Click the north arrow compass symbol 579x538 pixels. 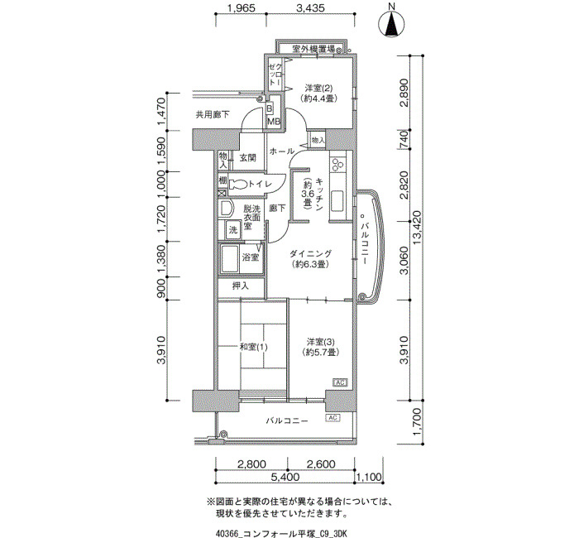(x=392, y=23)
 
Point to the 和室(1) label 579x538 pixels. (x=253, y=347)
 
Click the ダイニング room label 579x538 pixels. (x=310, y=254)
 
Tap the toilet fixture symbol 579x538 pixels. (x=238, y=185)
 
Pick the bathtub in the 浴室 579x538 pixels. (x=229, y=258)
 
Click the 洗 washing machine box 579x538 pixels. (x=233, y=230)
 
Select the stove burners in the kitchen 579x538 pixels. (x=337, y=165)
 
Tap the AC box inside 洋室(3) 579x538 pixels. (x=340, y=382)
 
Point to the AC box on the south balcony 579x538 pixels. (x=333, y=417)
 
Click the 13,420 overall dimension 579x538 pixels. (x=418, y=228)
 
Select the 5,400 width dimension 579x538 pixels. (x=285, y=477)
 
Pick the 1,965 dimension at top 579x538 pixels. (x=242, y=8)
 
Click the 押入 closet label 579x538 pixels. (x=241, y=286)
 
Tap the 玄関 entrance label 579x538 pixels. (x=248, y=158)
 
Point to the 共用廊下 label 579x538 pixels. (x=213, y=114)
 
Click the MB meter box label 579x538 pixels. (x=274, y=122)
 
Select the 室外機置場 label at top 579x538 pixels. (x=313, y=48)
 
